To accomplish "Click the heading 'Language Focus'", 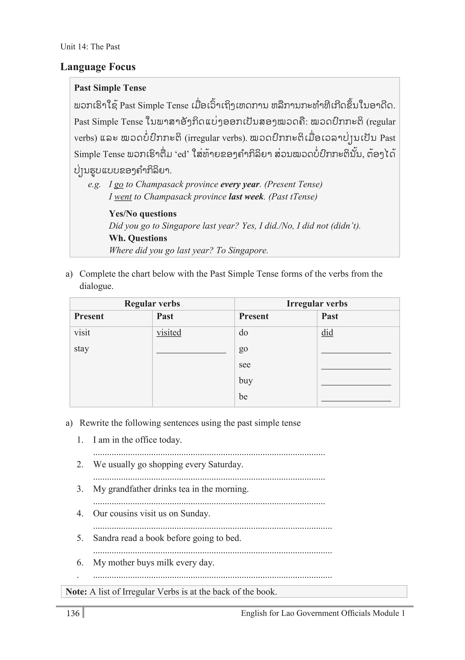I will (98, 67).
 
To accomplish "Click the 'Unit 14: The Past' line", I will (90, 47).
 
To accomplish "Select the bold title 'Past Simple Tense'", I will (110, 88).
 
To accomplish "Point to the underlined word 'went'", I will (123, 197).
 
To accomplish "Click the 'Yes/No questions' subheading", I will (143, 214).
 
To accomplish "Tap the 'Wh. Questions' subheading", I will (138, 238).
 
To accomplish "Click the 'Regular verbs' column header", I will (152, 303).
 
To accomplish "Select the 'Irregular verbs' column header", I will (317, 303).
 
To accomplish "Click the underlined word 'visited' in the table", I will (169, 332).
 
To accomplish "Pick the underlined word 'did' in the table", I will (327, 332).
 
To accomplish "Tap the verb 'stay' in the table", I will (81, 349).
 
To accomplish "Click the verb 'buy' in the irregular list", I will (246, 381).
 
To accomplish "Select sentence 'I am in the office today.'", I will (137, 440).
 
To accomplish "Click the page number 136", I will (73, 613).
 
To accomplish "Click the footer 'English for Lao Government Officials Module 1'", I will (323, 613).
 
